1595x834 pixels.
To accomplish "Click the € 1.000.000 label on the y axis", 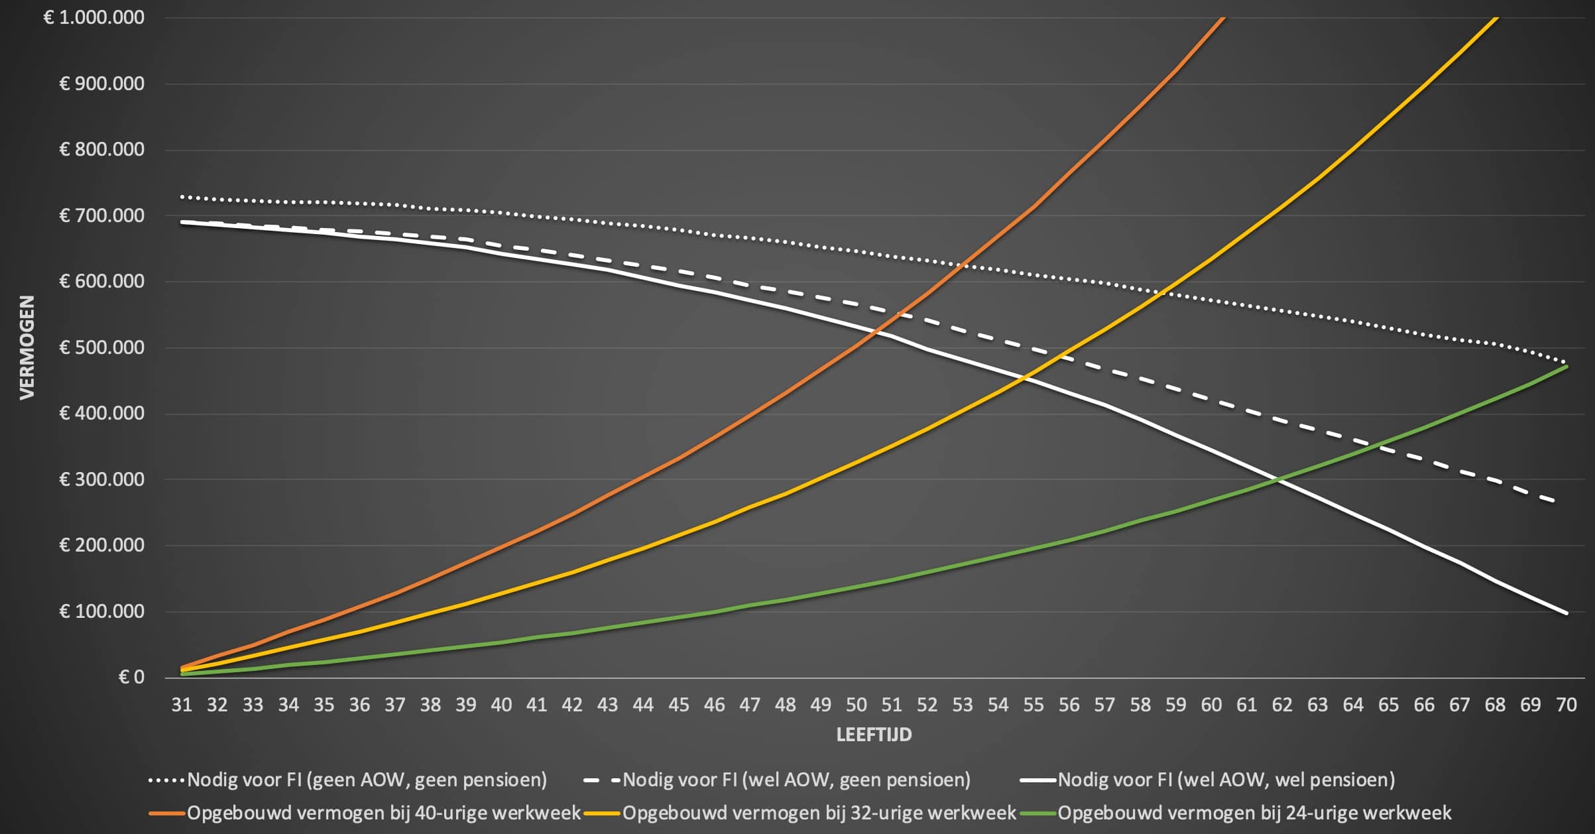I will pyautogui.click(x=94, y=17).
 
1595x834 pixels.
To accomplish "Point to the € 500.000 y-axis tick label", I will pyautogui.click(x=102, y=347).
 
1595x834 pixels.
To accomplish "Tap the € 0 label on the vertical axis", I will pyautogui.click(x=131, y=677).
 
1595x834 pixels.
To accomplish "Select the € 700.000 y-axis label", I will pyautogui.click(x=102, y=215).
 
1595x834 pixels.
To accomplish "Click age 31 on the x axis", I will pyautogui.click(x=182, y=705).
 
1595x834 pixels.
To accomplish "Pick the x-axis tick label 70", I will pyautogui.click(x=1566, y=705).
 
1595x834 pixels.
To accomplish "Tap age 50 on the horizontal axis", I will pyautogui.click(x=856, y=705).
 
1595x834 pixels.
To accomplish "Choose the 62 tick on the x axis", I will pyautogui.click(x=1282, y=705).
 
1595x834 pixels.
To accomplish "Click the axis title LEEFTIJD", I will pyautogui.click(x=874, y=735).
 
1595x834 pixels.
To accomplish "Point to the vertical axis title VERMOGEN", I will pyautogui.click(x=27, y=347).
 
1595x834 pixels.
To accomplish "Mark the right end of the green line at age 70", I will pyautogui.click(x=1566, y=366).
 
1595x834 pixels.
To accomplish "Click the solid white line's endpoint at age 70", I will pyautogui.click(x=1566, y=613).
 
